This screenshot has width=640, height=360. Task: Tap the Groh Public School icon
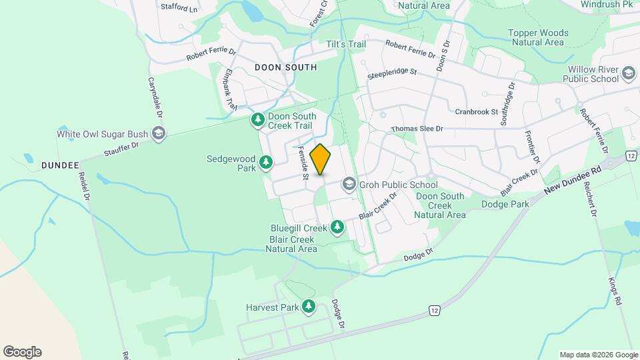click(x=349, y=184)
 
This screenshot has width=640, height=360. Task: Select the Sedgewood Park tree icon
click(x=266, y=163)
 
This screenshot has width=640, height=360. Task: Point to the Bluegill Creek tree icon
click(x=337, y=227)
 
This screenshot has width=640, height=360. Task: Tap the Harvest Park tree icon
click(x=308, y=307)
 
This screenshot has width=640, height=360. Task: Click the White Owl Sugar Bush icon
click(x=158, y=133)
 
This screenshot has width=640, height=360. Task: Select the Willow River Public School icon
click(x=628, y=73)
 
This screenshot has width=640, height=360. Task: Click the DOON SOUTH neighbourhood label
click(x=285, y=67)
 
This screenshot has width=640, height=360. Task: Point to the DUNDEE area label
click(x=60, y=165)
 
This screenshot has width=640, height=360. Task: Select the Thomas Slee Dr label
click(x=417, y=129)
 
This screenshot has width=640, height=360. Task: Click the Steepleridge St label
click(x=392, y=73)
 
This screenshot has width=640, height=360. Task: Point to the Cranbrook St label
click(x=476, y=112)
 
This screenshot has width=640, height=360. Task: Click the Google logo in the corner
click(x=22, y=352)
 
